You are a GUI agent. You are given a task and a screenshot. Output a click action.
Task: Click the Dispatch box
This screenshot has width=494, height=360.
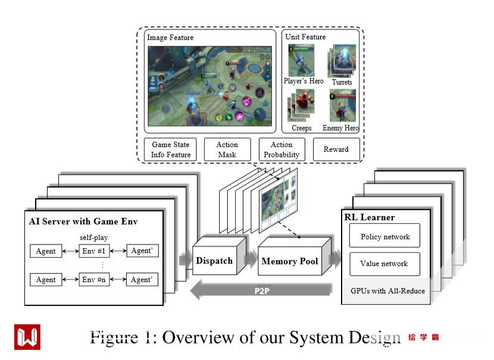pyautogui.click(x=214, y=261)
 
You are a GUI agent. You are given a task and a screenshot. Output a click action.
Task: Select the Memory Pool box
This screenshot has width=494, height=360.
pyautogui.click(x=289, y=261)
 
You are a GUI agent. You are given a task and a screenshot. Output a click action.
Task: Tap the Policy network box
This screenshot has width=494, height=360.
pyautogui.click(x=385, y=236)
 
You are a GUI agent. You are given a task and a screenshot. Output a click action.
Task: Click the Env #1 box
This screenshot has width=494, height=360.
pyautogui.click(x=94, y=251)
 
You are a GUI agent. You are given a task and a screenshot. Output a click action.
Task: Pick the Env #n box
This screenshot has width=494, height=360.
pyautogui.click(x=94, y=279)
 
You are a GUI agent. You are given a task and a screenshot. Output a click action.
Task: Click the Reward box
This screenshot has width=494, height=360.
pyautogui.click(x=336, y=149)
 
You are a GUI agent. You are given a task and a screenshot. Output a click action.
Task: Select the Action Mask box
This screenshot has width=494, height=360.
pyautogui.click(x=227, y=149)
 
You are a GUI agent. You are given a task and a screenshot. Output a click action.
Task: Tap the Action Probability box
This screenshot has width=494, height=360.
pyautogui.click(x=282, y=149)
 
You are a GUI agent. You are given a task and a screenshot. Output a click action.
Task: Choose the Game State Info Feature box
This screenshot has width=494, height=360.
pyautogui.click(x=171, y=149)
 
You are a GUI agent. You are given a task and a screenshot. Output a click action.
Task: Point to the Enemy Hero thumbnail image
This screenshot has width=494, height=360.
pyautogui.click(x=342, y=106)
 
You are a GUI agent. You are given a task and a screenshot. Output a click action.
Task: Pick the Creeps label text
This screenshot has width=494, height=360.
pyautogui.click(x=302, y=128)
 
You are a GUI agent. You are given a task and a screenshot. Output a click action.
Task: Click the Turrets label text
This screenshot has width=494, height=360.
pyautogui.click(x=342, y=82)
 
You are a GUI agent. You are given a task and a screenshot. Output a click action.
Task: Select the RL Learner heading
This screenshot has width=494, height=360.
pyautogui.click(x=369, y=217)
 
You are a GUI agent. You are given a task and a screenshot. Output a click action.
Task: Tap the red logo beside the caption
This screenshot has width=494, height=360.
pyautogui.click(x=27, y=337)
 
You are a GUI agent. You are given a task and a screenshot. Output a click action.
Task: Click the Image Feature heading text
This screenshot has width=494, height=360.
pyautogui.click(x=171, y=37)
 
